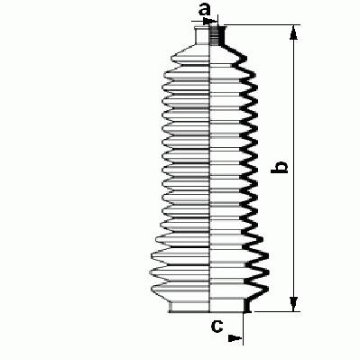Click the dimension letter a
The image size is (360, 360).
(x=205, y=11)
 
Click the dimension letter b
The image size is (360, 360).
(x=279, y=167)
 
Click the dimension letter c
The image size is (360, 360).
(x=217, y=326)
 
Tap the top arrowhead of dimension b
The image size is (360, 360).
(x=293, y=32)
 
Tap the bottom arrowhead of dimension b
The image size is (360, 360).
(x=293, y=304)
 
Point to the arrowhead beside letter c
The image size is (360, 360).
(x=235, y=338)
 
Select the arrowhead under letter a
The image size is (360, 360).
(x=210, y=21)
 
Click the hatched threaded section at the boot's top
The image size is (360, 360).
(x=214, y=35)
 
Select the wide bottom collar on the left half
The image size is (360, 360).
(x=189, y=307)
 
